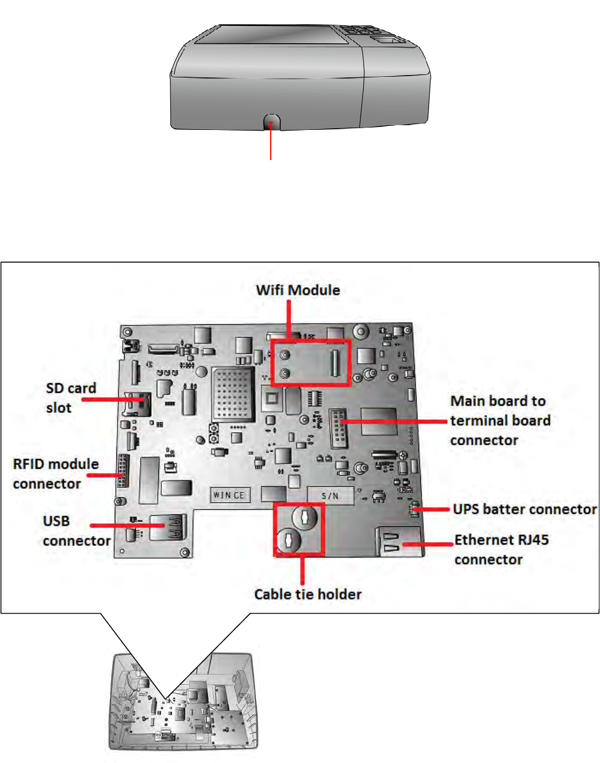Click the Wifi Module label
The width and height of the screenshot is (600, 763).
(x=298, y=290)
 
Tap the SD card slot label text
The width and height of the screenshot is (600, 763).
(x=70, y=397)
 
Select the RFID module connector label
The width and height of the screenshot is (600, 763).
(x=55, y=474)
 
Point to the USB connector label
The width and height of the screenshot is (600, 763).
(x=76, y=531)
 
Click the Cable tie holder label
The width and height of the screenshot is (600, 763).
(x=307, y=594)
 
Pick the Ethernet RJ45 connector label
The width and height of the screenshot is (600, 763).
(x=501, y=549)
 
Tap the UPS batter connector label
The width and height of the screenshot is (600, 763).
(x=524, y=509)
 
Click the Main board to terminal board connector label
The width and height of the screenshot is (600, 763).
(x=500, y=420)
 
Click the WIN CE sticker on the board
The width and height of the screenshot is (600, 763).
(x=229, y=495)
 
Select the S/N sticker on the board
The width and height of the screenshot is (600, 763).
(x=330, y=495)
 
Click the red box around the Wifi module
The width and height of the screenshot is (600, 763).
(x=311, y=363)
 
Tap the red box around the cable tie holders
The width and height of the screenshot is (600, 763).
(x=299, y=529)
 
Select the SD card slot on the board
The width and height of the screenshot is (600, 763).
(x=135, y=403)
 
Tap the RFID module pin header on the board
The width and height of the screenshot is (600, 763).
(x=122, y=471)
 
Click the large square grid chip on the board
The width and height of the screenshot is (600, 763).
(x=233, y=393)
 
